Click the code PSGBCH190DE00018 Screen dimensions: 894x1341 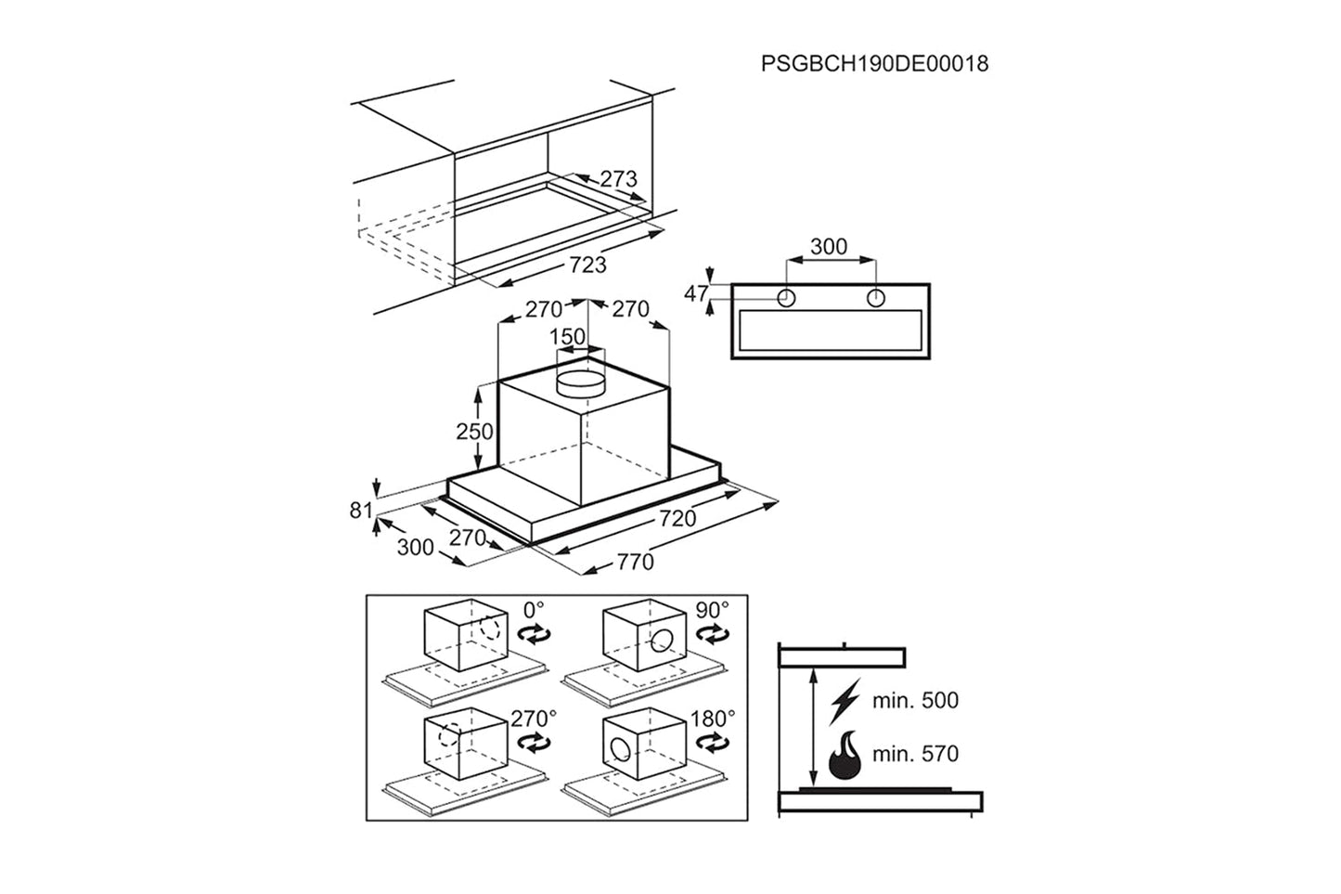click(874, 64)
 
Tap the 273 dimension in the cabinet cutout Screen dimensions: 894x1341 click(618, 178)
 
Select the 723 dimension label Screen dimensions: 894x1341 click(587, 265)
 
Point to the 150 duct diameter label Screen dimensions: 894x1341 click(568, 336)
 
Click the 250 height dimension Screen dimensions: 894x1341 click(474, 431)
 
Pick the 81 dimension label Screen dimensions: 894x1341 click(361, 510)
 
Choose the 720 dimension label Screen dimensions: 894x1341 click(677, 519)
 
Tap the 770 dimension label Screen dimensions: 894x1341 click(635, 562)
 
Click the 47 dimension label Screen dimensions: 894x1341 click(696, 294)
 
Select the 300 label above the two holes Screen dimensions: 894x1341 click(829, 246)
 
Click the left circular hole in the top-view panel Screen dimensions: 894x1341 click(786, 298)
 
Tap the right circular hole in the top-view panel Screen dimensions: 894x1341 click(875, 298)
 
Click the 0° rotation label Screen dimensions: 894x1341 click(534, 611)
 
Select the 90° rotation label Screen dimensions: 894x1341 click(713, 611)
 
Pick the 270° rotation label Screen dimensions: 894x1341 click(534, 718)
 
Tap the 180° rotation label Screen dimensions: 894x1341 click(713, 718)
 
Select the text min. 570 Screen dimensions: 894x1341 click(915, 755)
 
